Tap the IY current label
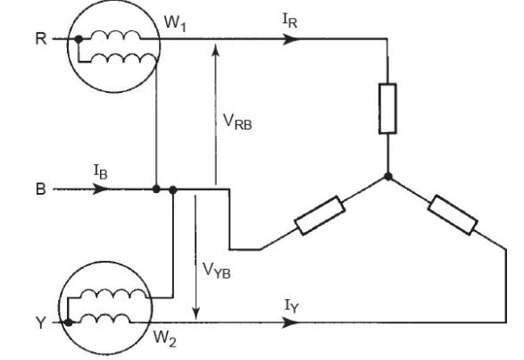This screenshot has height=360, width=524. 291,307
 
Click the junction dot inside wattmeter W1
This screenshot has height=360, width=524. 79,40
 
